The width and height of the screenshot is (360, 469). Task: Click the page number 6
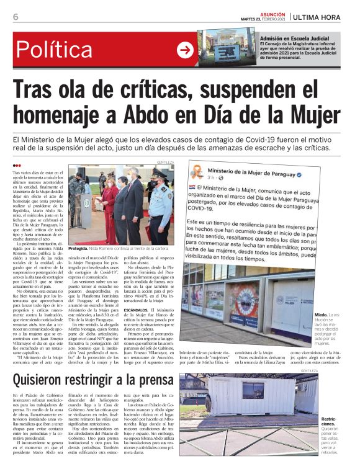click(16, 17)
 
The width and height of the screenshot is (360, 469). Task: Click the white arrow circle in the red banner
click(185, 50)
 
